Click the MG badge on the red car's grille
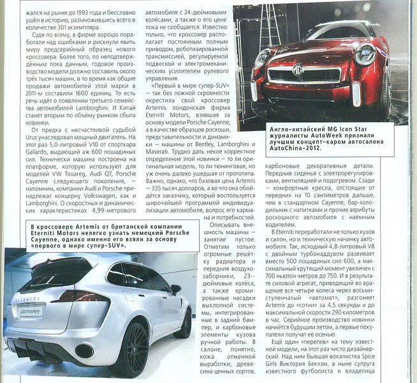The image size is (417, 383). tap(297, 68)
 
